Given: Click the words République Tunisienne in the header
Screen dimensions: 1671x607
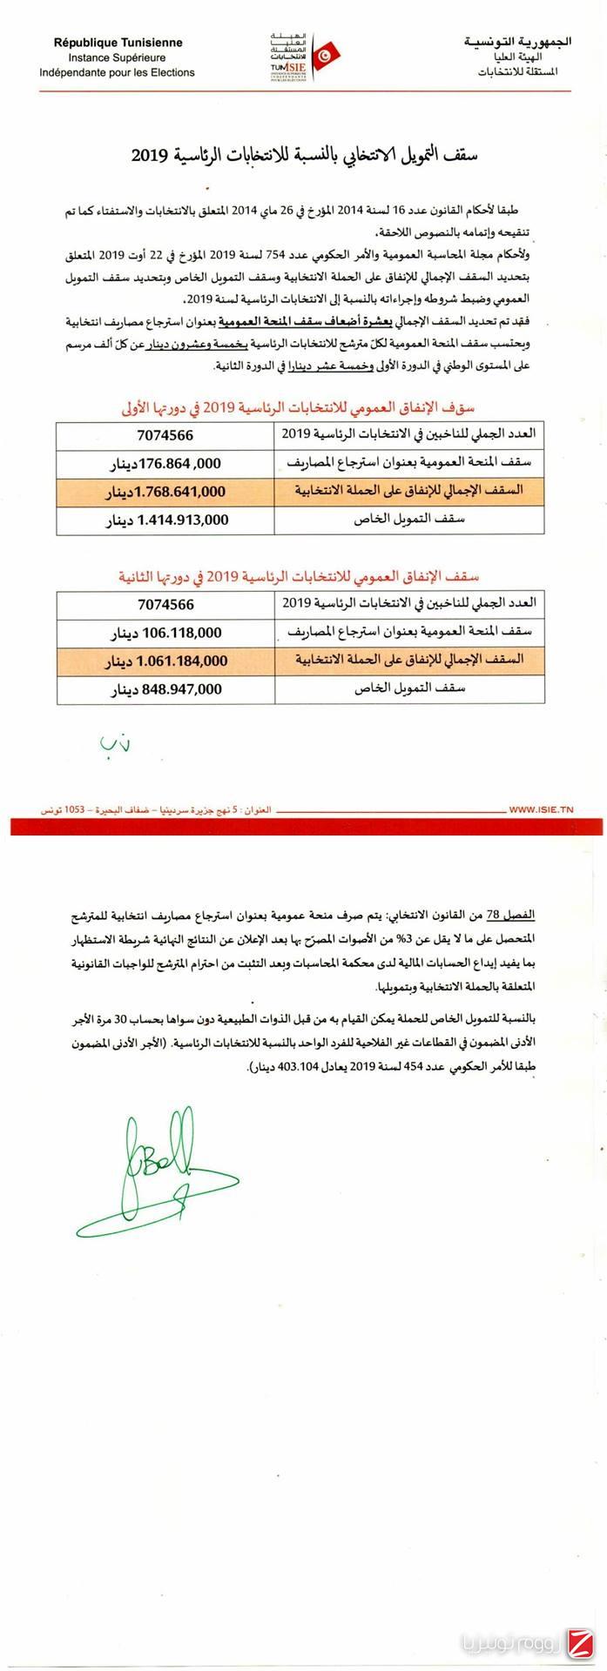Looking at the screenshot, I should tap(118, 43).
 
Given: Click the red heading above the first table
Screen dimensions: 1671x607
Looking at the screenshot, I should tap(300, 407).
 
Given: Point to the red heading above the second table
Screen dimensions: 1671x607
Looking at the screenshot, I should tap(300, 577).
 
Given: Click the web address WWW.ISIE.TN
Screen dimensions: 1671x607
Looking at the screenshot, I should tap(541, 809).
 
